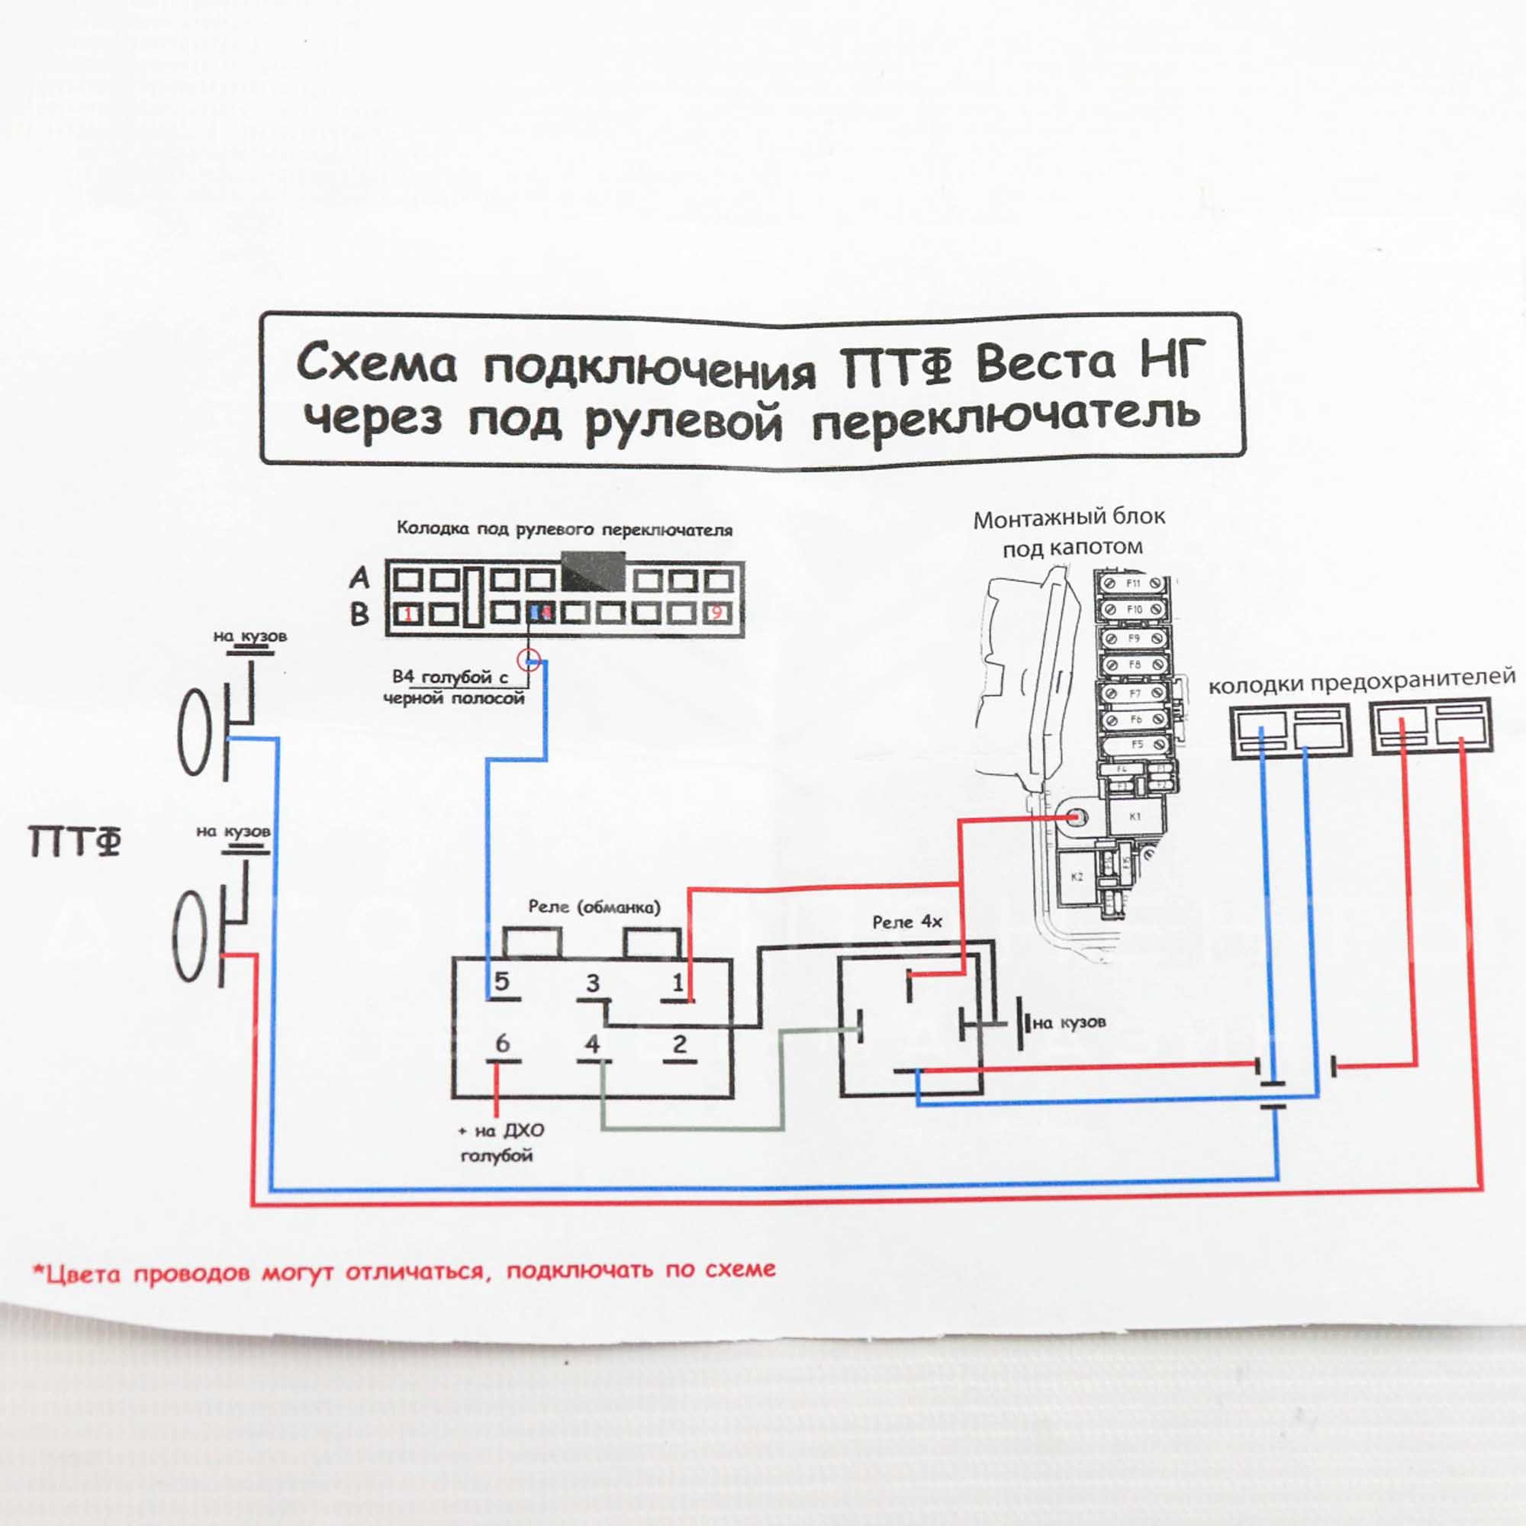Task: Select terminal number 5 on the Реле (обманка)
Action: pos(501,982)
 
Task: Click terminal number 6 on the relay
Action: pos(502,1043)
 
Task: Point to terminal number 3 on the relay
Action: pos(592,984)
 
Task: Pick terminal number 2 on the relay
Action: pos(679,1045)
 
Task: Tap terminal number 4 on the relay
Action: pos(592,1045)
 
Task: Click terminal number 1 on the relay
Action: pos(678,983)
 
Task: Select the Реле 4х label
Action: pos(906,922)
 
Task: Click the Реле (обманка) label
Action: pos(594,906)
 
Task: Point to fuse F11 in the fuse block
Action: pos(1134,584)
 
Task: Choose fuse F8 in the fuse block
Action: pos(1135,665)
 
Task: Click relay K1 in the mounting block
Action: pos(1135,816)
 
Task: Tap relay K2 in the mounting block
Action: pos(1077,876)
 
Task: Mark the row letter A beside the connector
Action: pos(359,578)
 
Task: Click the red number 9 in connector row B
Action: pos(716,613)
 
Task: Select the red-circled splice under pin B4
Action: pos(529,659)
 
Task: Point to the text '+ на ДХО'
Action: pos(501,1130)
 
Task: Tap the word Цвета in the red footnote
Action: pos(82,1274)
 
